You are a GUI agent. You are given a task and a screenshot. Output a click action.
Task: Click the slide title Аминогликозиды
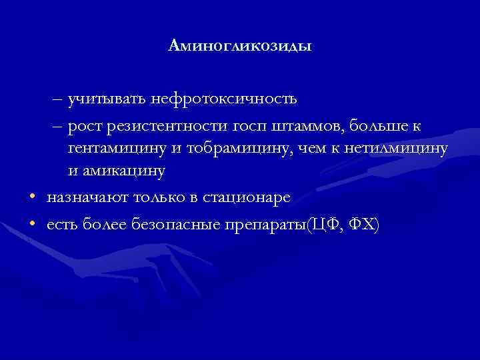coord(240,46)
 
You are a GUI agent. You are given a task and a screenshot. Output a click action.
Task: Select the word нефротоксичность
coord(223,100)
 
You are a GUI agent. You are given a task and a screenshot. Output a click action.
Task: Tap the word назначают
coord(87,197)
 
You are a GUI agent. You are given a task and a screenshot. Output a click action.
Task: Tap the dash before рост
coord(57,125)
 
